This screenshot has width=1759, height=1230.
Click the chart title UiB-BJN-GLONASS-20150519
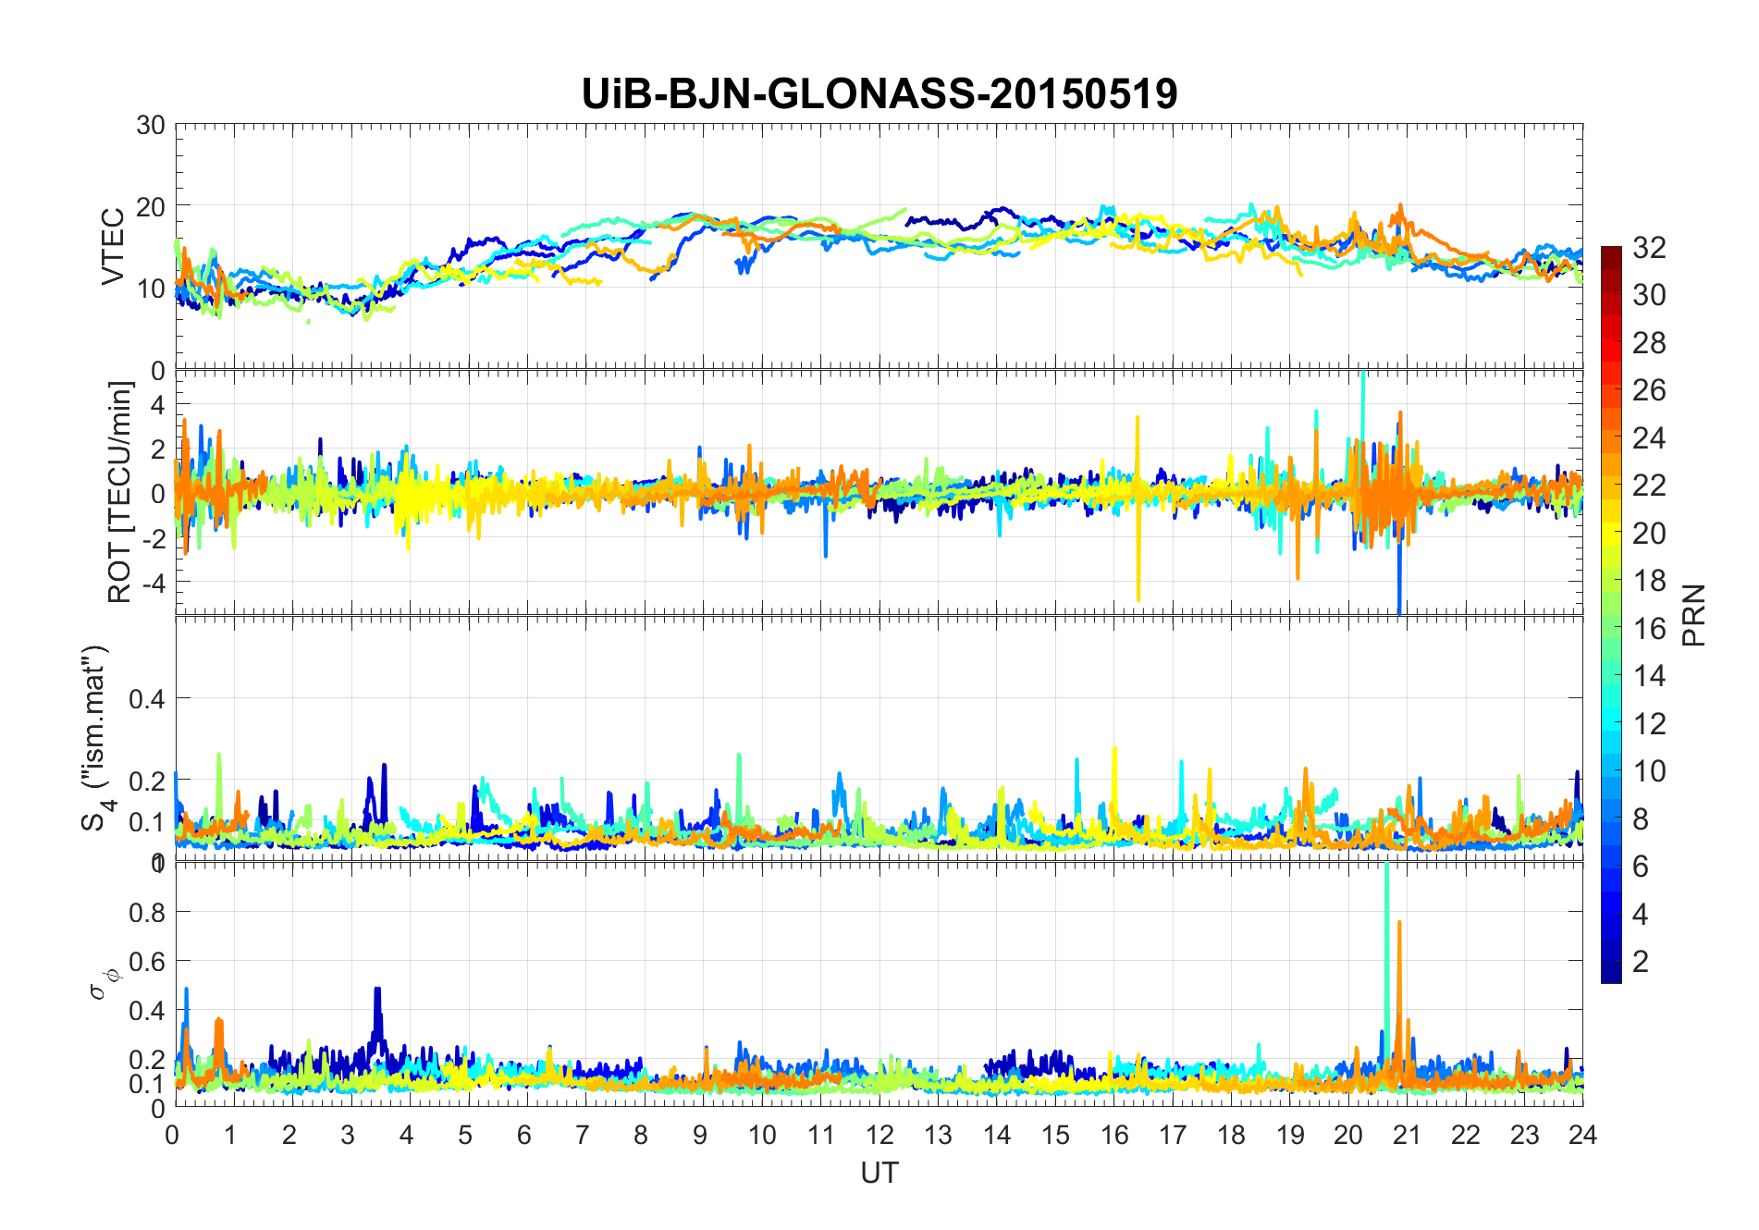pos(879,94)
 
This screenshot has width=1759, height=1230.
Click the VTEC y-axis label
pos(113,247)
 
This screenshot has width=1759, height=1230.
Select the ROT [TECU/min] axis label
pos(120,492)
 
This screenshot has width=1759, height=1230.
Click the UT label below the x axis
pos(879,1173)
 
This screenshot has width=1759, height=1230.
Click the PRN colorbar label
pos(1694,615)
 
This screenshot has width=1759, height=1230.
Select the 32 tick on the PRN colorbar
pos(1649,248)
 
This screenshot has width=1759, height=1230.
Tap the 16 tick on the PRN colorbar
pos(1649,629)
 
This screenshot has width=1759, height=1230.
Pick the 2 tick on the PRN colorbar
pos(1641,962)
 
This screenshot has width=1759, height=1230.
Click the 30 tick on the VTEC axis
pos(151,125)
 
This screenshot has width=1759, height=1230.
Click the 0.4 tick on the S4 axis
pos(147,698)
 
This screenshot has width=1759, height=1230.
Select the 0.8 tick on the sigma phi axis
pos(147,912)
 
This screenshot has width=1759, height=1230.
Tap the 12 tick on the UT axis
pos(879,1135)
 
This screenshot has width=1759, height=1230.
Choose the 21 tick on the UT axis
pos(1407,1135)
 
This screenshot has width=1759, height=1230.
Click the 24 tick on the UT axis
pos(1582,1135)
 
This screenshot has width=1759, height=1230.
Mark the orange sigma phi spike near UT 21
pos(1399,925)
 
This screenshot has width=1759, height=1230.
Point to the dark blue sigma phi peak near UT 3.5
pos(377,991)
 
